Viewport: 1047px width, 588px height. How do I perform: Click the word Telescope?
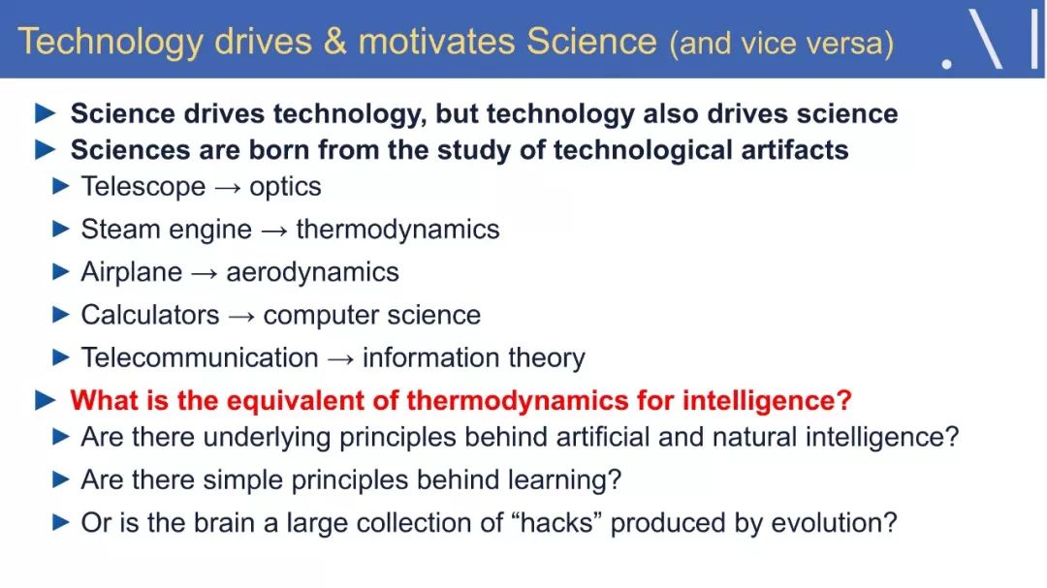[143, 187]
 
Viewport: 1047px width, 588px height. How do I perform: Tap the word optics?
[285, 188]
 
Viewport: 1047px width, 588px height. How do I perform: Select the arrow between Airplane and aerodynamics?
[205, 273]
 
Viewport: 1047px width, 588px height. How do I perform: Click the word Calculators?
[150, 315]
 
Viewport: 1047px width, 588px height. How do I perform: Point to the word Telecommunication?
[200, 357]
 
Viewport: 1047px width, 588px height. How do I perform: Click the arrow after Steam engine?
[274, 231]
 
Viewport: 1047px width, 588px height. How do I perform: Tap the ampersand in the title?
[335, 42]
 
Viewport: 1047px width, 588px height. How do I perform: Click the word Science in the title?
[591, 42]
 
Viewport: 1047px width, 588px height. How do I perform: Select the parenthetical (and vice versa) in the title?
[781, 44]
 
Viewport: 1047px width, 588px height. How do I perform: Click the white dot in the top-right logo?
[946, 64]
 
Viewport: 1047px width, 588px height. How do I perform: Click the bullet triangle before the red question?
[46, 400]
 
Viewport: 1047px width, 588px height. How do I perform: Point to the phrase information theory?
[473, 357]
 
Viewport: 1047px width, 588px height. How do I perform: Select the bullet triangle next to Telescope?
[61, 186]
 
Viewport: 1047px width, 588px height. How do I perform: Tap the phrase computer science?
[372, 315]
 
